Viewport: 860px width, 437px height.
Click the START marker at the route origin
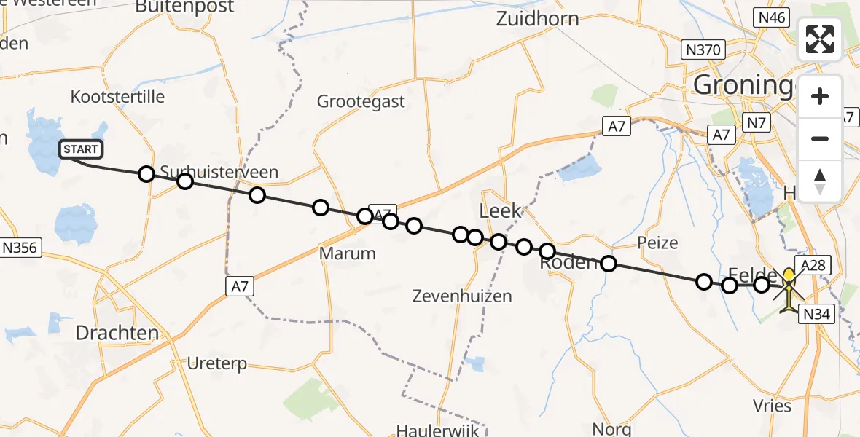coord(81,150)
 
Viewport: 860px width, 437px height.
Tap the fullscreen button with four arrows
coord(820,39)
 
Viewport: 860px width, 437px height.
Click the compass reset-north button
coord(820,181)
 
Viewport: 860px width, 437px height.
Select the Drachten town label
coord(117,334)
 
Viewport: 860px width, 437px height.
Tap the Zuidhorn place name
coord(537,19)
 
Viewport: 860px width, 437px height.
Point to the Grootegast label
coord(361,101)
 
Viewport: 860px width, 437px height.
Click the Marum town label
coord(348,253)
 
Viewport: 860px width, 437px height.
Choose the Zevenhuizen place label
coord(461,296)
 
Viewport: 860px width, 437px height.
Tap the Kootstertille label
coord(118,97)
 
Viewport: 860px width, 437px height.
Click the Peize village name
coord(657,243)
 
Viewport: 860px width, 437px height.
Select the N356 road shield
coord(20,248)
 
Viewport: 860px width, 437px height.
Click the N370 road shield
coord(703,50)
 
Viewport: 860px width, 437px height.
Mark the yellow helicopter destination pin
coord(789,278)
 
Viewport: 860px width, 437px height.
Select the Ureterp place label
coord(217,363)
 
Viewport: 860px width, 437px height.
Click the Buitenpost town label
coord(185,7)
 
